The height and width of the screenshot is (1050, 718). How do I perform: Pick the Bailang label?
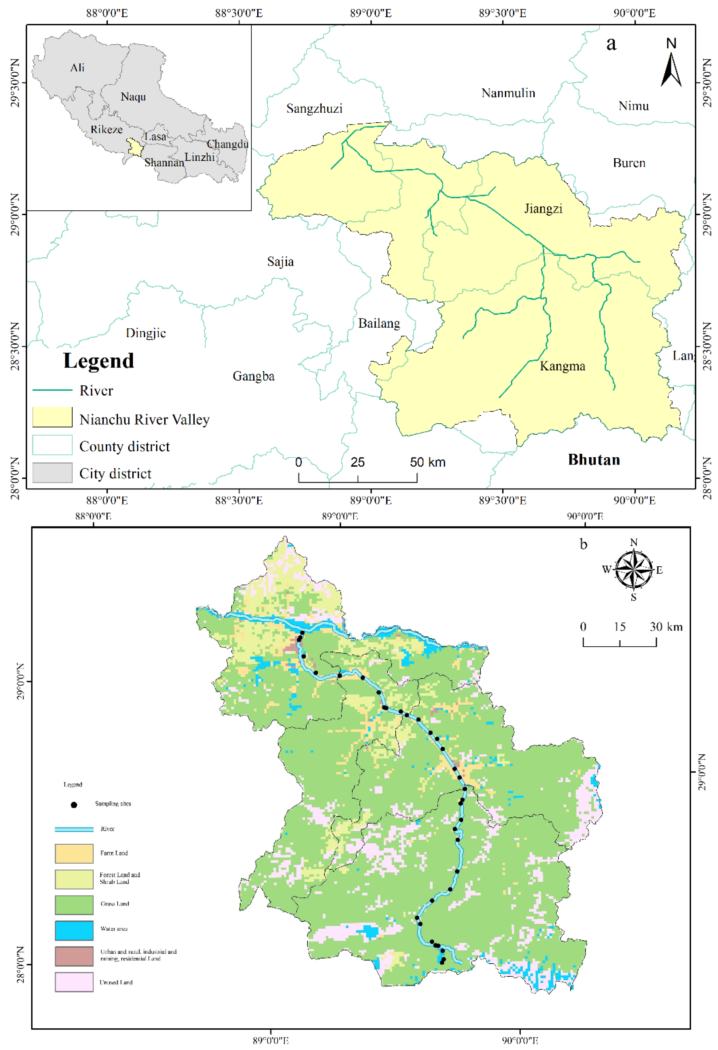pos(379,324)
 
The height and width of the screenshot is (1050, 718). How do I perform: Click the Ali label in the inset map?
pos(77,68)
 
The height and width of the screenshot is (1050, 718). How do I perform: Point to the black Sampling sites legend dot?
pos(74,805)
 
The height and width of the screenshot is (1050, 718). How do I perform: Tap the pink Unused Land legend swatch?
pos(74,982)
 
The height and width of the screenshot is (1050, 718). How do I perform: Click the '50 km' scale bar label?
pos(428,462)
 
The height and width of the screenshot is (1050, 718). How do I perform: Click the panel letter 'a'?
pos(611,44)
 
